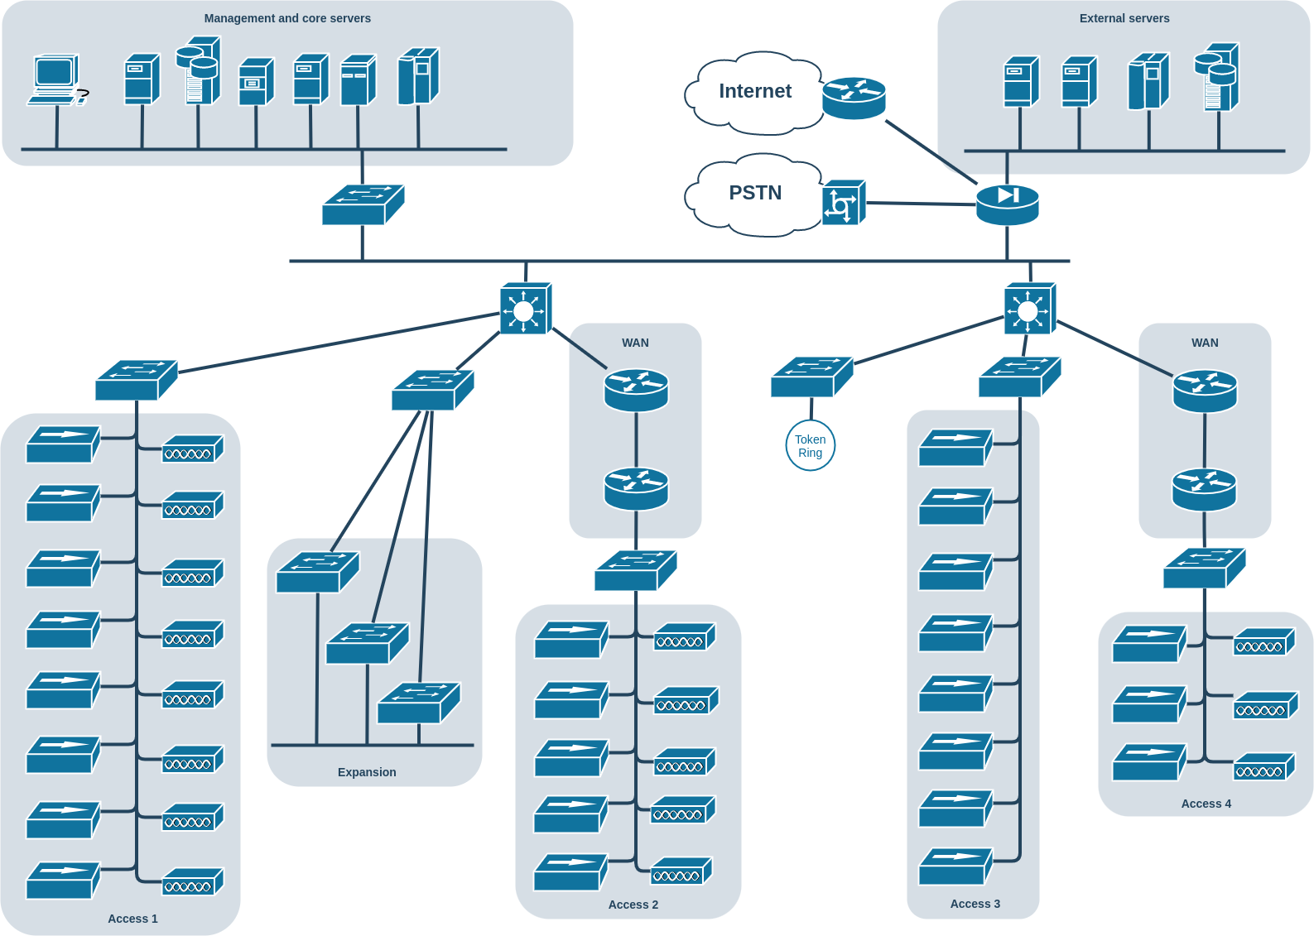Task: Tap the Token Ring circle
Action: tap(810, 446)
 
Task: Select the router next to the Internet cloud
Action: tap(854, 98)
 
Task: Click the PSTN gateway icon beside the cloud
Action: tap(845, 202)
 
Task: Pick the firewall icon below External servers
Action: tap(1007, 204)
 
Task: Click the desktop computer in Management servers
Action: tap(57, 80)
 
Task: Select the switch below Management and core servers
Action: tap(363, 204)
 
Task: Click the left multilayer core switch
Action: tap(526, 309)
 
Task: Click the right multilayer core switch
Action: tap(1030, 309)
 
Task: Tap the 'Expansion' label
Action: tap(367, 772)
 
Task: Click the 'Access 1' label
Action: tap(132, 919)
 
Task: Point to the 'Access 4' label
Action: tap(1206, 804)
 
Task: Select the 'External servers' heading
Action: tap(1124, 18)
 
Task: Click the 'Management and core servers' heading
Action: tap(287, 18)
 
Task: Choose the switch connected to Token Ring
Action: tap(812, 377)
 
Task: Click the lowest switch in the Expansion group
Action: tap(419, 703)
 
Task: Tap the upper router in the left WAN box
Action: tap(636, 390)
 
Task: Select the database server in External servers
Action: tap(1217, 77)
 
